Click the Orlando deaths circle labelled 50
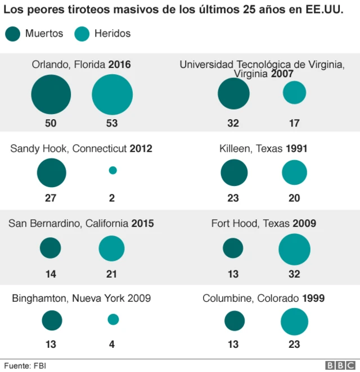(x=51, y=95)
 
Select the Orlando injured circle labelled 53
(x=112, y=95)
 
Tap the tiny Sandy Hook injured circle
(x=112, y=170)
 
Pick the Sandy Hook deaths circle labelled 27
(x=52, y=173)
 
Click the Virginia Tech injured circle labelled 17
(x=294, y=93)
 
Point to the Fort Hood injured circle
(x=294, y=249)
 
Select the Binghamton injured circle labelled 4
(x=113, y=320)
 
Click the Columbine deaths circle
(x=235, y=321)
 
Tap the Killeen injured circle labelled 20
(x=294, y=173)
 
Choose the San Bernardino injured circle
(x=111, y=248)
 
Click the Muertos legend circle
(x=12, y=34)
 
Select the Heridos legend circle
(x=82, y=34)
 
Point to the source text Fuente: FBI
(x=24, y=365)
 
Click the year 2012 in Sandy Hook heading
(x=141, y=149)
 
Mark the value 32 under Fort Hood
(x=294, y=274)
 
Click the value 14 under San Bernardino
(x=51, y=274)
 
